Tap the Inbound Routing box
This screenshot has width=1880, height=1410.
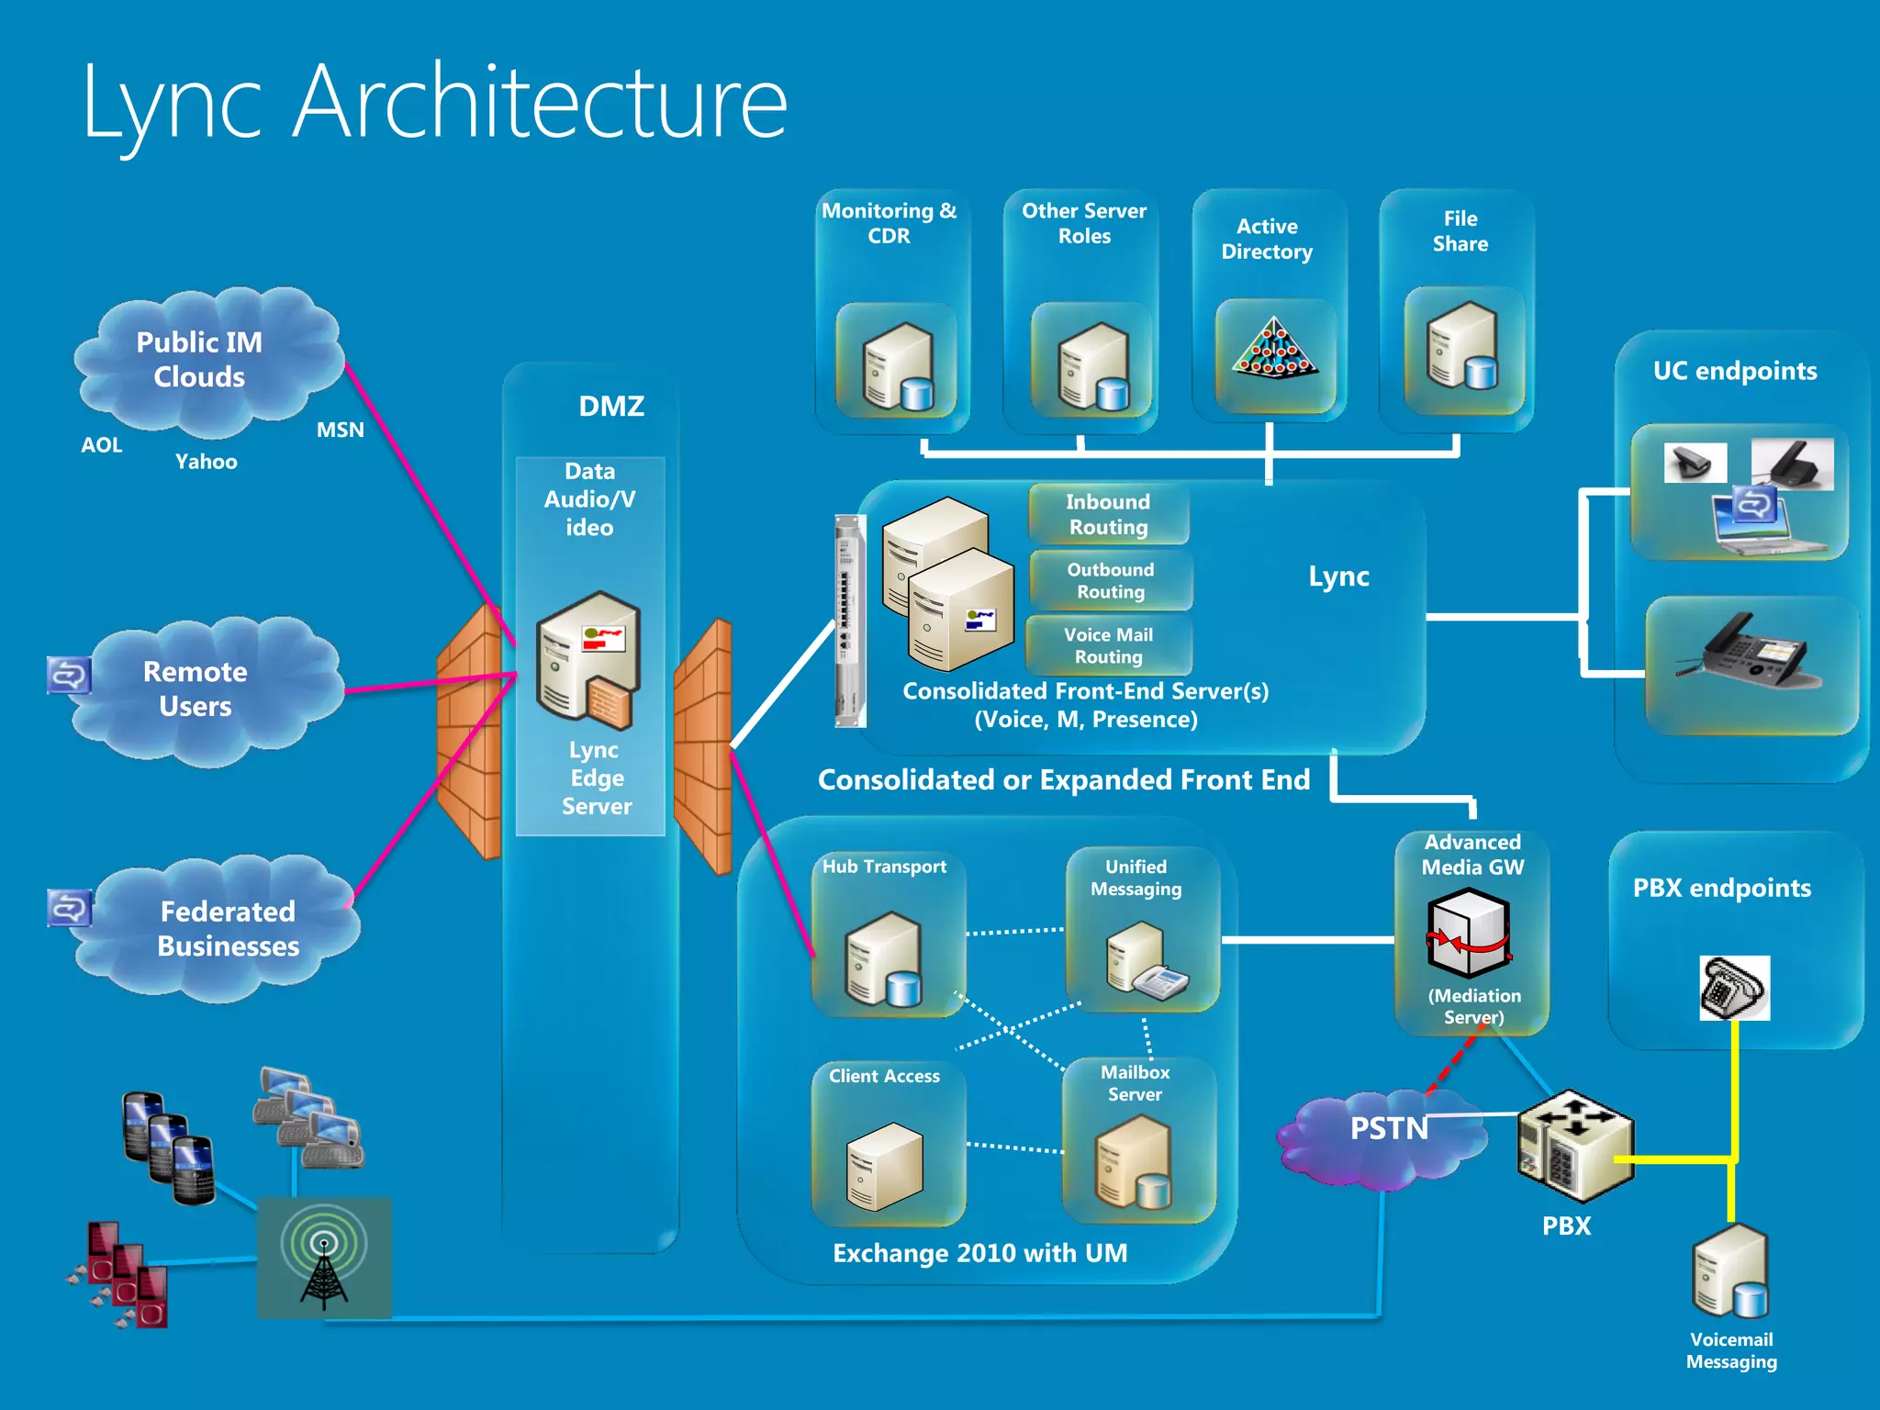pyautogui.click(x=1108, y=514)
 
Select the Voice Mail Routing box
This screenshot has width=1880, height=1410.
pyautogui.click(x=1108, y=645)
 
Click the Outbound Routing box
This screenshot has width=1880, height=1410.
pyautogui.click(x=1110, y=580)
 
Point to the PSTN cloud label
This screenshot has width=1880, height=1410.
pyautogui.click(x=1388, y=1128)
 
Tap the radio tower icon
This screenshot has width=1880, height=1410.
pyautogui.click(x=324, y=1259)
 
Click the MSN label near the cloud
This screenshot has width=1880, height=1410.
pyautogui.click(x=340, y=430)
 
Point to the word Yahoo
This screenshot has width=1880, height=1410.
pyautogui.click(x=206, y=462)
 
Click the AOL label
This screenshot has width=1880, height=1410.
pyautogui.click(x=101, y=445)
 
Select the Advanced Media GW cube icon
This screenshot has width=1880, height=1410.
pyautogui.click(x=1469, y=934)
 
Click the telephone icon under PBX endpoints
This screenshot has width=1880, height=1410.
pyautogui.click(x=1733, y=988)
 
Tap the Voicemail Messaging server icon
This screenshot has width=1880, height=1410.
pyautogui.click(x=1731, y=1274)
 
